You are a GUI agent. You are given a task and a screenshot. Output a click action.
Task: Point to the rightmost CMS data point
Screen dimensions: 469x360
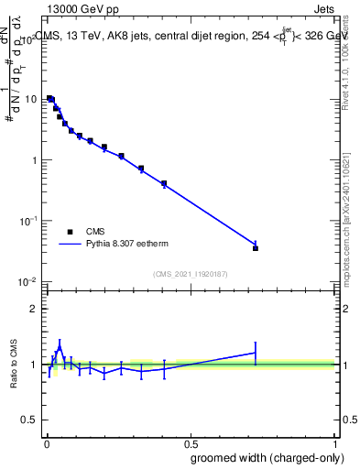pyautogui.click(x=256, y=248)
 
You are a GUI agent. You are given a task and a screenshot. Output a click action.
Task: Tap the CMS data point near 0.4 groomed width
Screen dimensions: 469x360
pyautogui.click(x=164, y=184)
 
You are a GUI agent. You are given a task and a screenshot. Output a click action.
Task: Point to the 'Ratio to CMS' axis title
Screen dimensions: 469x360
pyautogui.click(x=13, y=364)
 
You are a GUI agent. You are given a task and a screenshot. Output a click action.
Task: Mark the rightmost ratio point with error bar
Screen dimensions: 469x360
pyautogui.click(x=256, y=353)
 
